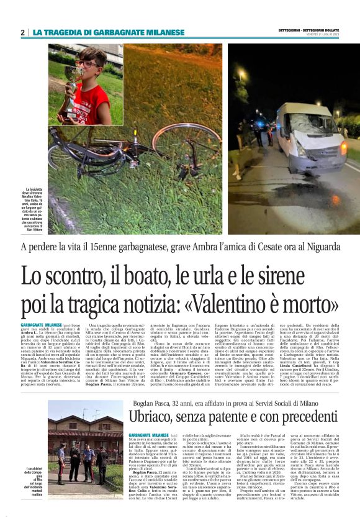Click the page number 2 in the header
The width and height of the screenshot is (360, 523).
pos(22,32)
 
